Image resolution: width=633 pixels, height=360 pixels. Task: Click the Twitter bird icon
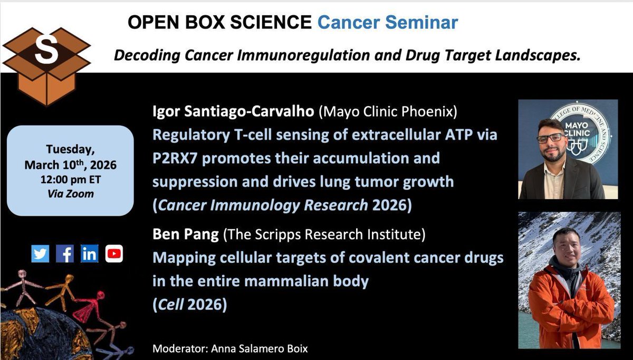point(40,254)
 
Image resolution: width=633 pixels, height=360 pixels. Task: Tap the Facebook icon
point(64,254)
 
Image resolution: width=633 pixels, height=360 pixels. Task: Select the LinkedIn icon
point(89,254)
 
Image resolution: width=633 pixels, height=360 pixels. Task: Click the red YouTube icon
point(113,254)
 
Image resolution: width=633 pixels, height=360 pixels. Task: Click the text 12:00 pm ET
point(70,179)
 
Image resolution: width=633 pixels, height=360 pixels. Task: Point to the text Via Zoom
point(70,194)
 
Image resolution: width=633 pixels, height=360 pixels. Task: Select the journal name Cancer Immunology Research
point(262,205)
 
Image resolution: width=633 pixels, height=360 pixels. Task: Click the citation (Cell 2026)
point(189,305)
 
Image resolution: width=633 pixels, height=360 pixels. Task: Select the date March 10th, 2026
point(70,165)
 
